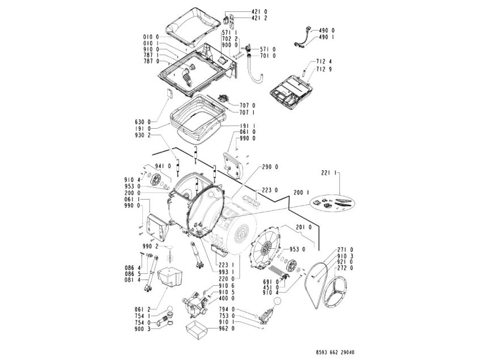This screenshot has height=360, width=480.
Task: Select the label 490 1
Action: [326, 37]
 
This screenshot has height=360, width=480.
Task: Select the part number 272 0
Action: [345, 268]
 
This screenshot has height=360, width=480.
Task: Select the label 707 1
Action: [248, 113]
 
